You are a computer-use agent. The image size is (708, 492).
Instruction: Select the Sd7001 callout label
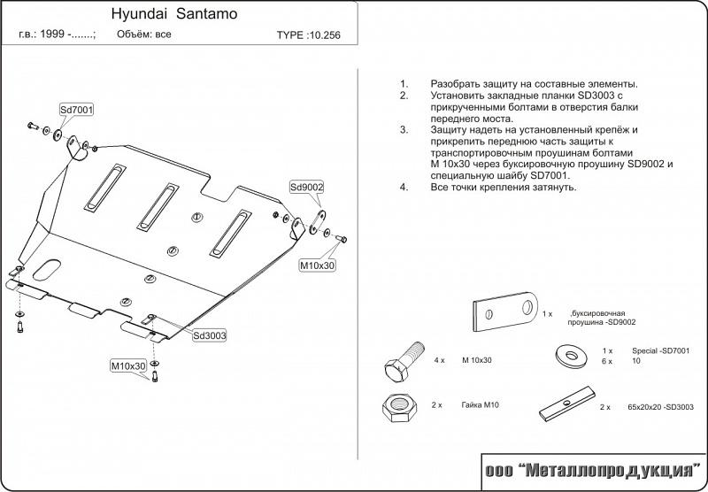[77, 110]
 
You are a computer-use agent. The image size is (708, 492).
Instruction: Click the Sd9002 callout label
[306, 187]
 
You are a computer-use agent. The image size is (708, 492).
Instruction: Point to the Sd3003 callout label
[210, 335]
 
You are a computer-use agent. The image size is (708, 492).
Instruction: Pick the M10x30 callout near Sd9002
[316, 265]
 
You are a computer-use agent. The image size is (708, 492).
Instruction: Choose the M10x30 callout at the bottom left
[127, 365]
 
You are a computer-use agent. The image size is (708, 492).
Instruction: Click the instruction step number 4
[403, 188]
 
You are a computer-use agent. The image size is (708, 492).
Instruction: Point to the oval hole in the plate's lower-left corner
[50, 266]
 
